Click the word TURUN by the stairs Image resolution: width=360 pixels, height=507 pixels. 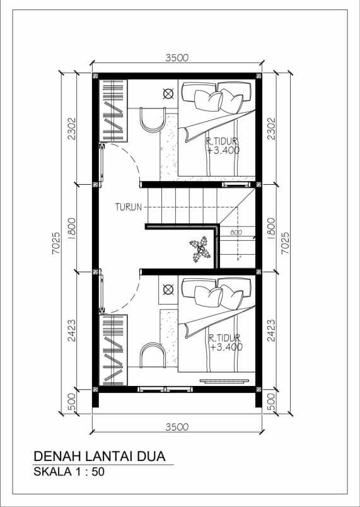pyautogui.click(x=129, y=207)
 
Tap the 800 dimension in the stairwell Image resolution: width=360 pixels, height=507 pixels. pyautogui.click(x=236, y=232)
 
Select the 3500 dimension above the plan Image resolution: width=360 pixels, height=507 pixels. pyautogui.click(x=177, y=57)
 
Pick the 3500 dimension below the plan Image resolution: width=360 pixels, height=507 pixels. pyautogui.click(x=177, y=427)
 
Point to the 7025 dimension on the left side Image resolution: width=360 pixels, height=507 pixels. pyautogui.click(x=55, y=243)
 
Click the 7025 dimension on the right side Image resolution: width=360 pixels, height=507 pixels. pyautogui.click(x=285, y=243)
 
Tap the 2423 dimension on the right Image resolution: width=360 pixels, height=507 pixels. pyautogui.click(x=272, y=330)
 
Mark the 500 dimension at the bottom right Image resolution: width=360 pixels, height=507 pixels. pyautogui.click(x=272, y=402)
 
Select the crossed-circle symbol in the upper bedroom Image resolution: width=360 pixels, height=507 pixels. pyautogui.click(x=168, y=94)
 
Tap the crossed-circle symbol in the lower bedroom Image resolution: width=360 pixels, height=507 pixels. pyautogui.click(x=168, y=289)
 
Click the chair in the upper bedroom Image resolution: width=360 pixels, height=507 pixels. pyautogui.click(x=153, y=120)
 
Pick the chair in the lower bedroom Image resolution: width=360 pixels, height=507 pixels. pyautogui.click(x=153, y=355)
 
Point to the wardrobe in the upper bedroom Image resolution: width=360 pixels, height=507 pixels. pyautogui.click(x=113, y=110)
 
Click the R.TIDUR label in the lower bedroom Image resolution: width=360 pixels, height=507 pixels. pyautogui.click(x=225, y=338)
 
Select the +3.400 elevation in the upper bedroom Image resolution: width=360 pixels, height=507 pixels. pyautogui.click(x=223, y=150)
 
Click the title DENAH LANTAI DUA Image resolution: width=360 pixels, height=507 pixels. pyautogui.click(x=100, y=456)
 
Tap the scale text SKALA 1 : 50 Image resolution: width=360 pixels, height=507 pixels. pyautogui.click(x=69, y=472)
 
